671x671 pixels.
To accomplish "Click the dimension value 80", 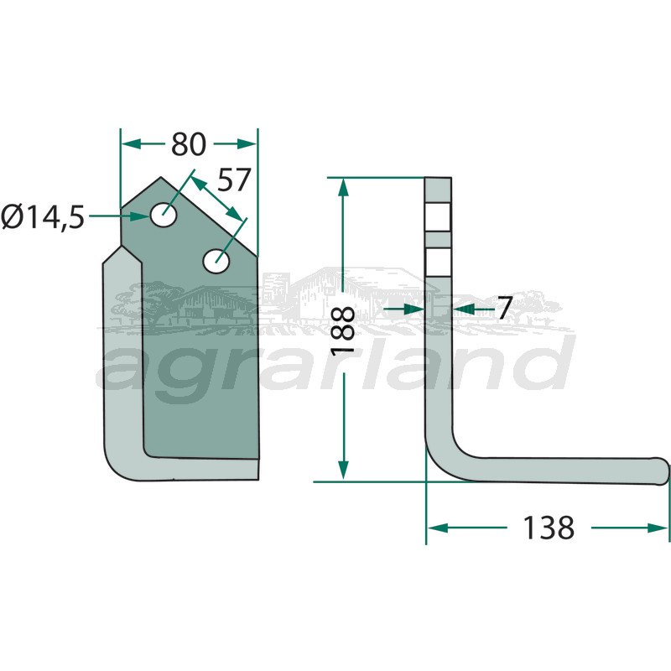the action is tap(189, 144).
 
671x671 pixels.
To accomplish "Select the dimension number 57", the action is tap(234, 179).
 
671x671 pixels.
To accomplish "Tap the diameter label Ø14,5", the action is tap(43, 217).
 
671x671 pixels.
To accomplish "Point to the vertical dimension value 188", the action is tap(343, 330).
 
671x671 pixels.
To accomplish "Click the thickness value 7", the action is tap(505, 308).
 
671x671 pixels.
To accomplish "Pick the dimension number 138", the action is tap(549, 528).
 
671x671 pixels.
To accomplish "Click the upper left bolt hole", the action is tap(164, 215).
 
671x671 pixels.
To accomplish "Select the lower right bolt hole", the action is tap(216, 261).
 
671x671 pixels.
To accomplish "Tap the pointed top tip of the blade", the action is tap(161, 177).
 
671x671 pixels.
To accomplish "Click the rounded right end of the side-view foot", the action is tap(663, 471).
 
